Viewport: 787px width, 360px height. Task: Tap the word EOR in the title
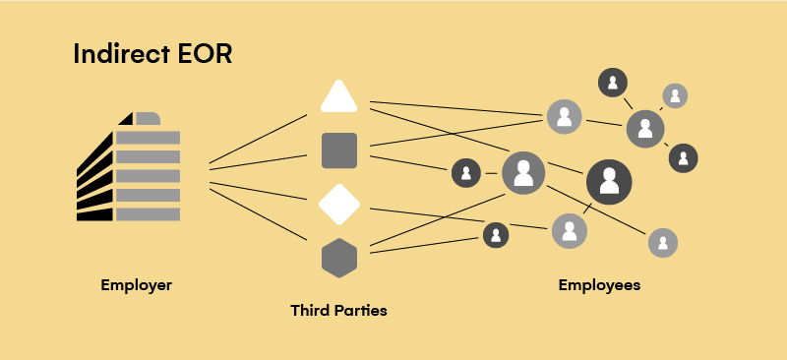pos(203,54)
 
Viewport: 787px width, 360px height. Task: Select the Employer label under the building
pos(136,285)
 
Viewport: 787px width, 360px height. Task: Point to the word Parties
pos(361,311)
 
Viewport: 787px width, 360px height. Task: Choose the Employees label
pos(599,285)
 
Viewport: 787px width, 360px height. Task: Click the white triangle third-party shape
pos(339,97)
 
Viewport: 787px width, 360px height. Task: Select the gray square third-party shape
pos(339,150)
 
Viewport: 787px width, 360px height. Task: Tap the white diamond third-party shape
pos(339,204)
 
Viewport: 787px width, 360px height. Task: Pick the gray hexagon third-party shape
pos(339,258)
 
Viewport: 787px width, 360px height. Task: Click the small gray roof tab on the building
pos(148,119)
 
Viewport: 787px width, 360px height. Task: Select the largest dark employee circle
pos(609,181)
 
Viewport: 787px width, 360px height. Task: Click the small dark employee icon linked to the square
pos(465,173)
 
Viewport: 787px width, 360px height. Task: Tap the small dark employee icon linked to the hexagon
pos(496,235)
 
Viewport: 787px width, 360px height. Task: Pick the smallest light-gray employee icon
pos(675,95)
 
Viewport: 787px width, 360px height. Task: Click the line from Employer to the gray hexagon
pos(258,213)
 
